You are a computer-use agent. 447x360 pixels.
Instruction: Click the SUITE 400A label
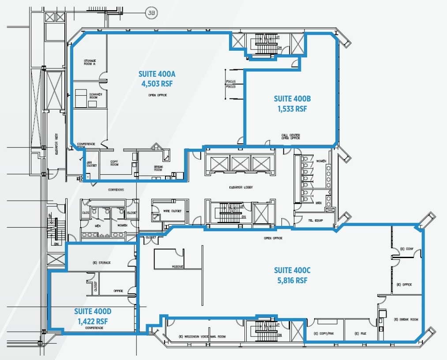tap(157, 74)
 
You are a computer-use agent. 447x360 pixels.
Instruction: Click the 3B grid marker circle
tap(151, 13)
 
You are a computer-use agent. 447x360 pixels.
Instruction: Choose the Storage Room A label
tap(90, 62)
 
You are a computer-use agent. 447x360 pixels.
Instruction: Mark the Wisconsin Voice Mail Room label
tap(202, 337)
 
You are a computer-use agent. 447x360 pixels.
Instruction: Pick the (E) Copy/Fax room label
tap(323, 334)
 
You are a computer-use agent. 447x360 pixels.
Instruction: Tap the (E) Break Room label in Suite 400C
tap(406, 319)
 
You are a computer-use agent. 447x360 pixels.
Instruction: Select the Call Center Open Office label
tap(291, 137)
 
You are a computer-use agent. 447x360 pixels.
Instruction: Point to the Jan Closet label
tap(91, 164)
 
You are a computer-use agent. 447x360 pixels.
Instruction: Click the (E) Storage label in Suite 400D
tap(101, 262)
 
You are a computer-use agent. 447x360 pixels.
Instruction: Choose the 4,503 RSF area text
tap(157, 83)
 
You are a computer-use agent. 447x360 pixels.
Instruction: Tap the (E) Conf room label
tap(406, 248)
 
